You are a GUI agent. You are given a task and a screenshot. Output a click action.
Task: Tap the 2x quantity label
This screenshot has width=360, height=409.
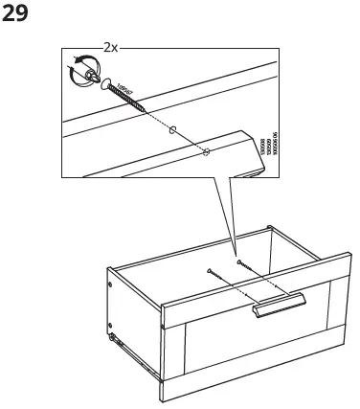tap(111, 46)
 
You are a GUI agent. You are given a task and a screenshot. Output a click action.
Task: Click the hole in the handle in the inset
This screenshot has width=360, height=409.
tap(206, 151)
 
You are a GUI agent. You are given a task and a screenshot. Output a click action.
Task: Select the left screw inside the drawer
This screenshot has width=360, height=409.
tap(220, 279)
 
